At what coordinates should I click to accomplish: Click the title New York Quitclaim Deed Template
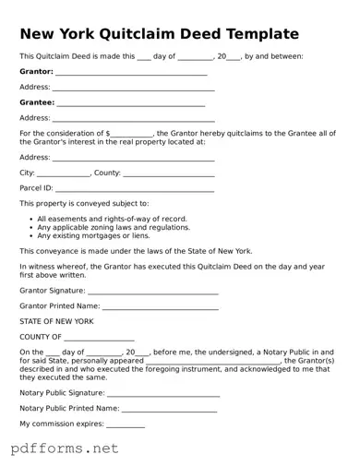(159, 34)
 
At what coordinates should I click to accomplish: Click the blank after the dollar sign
(132, 134)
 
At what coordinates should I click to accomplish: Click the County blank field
(169, 173)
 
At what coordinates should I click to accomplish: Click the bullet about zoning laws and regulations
(114, 227)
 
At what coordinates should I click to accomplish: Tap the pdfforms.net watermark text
(65, 448)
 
